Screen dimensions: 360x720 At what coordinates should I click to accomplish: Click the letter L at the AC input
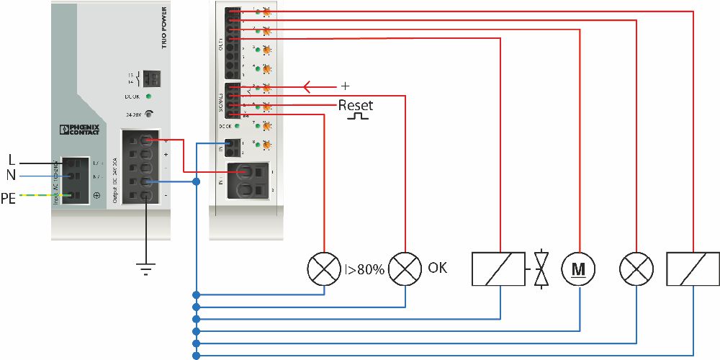12,158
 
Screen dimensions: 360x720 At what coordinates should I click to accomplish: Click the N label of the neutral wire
12,175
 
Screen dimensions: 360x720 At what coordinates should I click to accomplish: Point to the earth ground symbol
146,269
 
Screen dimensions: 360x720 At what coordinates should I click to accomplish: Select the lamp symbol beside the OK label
406,269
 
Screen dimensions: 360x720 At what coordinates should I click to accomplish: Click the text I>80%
365,269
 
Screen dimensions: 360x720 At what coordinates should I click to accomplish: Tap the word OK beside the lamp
437,268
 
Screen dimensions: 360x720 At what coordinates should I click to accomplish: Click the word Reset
356,105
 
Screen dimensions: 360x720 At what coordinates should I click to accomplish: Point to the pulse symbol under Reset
357,116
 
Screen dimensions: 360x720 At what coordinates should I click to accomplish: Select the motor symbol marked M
579,269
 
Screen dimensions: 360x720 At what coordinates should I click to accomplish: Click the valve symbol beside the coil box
541,269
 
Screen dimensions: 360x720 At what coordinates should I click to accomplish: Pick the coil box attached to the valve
498,269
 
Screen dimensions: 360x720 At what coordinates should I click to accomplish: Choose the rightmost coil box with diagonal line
693,269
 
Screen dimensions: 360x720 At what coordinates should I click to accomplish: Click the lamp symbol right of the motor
636,269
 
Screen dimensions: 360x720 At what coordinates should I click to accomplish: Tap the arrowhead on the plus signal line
308,87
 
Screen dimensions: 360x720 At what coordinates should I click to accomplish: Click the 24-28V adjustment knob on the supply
149,113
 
